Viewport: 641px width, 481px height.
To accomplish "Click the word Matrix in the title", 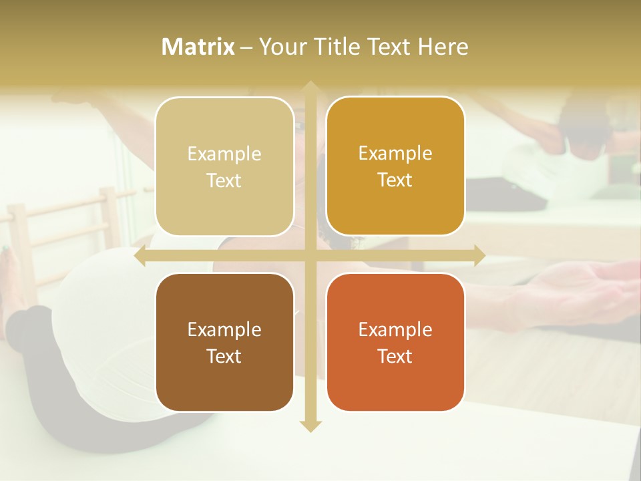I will [x=198, y=47].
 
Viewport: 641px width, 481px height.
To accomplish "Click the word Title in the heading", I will [x=341, y=47].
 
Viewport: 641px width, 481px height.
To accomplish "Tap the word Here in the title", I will [x=443, y=47].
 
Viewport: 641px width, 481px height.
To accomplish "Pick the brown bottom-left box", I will [x=224, y=342].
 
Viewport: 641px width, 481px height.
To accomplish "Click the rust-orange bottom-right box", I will [x=395, y=342].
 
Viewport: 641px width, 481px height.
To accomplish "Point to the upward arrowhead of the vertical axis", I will [x=310, y=87].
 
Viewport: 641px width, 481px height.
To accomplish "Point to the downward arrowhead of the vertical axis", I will [x=310, y=426].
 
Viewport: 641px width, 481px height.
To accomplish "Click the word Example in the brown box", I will [x=224, y=329].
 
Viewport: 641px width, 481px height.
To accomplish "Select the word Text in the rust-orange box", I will [x=395, y=356].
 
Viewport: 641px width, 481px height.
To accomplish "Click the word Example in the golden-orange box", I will [x=395, y=153].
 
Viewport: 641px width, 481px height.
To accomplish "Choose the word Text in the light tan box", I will [x=224, y=180].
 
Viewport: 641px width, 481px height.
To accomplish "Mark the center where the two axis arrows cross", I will [x=310, y=255].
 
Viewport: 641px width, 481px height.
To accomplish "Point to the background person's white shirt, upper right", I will [x=541, y=157].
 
